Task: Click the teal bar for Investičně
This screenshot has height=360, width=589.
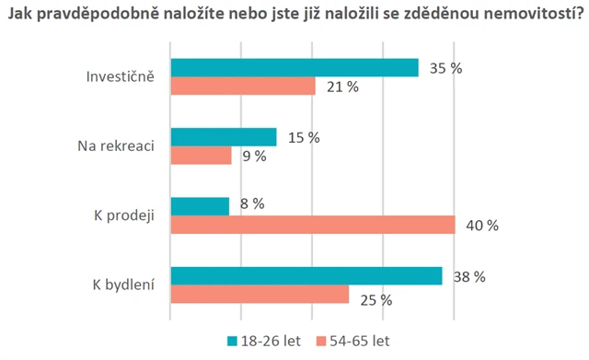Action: click(x=294, y=67)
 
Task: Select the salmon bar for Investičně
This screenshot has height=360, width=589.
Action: click(x=243, y=86)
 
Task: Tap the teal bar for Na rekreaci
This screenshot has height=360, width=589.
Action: click(x=224, y=136)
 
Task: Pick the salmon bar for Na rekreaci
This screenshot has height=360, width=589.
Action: click(x=202, y=155)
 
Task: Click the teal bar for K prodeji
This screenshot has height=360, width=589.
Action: click(x=200, y=206)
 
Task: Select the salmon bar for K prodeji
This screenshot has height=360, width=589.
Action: click(x=313, y=225)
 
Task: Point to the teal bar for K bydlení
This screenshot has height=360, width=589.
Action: click(x=306, y=275)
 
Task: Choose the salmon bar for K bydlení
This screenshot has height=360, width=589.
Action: click(x=260, y=294)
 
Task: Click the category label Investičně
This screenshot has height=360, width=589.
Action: click(x=115, y=76)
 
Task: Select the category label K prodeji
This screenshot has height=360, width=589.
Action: click(x=123, y=215)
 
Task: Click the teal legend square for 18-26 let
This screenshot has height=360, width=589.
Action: click(x=232, y=341)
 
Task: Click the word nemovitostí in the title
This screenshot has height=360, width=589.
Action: click(x=522, y=14)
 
